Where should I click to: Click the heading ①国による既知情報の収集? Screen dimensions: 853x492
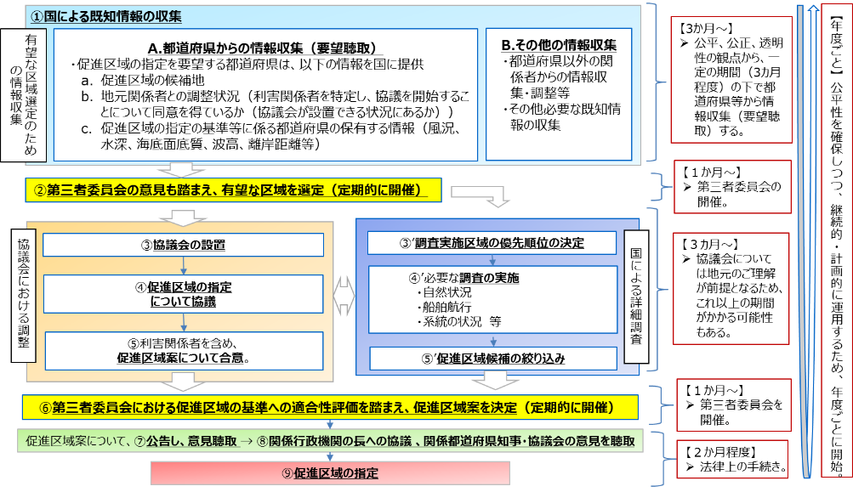point(105,16)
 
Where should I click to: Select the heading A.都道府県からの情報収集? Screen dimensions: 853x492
point(225,48)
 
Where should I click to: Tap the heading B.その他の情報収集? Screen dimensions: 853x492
point(559,45)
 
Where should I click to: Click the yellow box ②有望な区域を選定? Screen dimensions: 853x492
point(233,189)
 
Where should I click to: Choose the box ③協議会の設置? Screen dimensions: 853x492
point(184,245)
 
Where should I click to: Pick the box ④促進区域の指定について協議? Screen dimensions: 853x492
point(184,293)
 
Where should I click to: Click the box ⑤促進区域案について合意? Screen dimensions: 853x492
point(184,351)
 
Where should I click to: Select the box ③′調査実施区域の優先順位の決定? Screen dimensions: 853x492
point(492,243)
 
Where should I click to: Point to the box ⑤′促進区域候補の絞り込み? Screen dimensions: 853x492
point(493,359)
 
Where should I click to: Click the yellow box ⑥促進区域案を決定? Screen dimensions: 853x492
point(330,408)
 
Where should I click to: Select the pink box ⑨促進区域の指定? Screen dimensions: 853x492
point(330,473)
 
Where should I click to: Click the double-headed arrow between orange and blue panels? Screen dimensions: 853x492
point(344,296)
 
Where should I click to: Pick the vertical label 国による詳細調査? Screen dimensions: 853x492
point(636,297)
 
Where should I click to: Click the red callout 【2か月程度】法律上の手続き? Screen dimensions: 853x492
point(733,459)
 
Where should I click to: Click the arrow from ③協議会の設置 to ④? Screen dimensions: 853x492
point(184,265)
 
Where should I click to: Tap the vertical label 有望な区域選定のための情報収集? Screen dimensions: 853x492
point(24,95)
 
